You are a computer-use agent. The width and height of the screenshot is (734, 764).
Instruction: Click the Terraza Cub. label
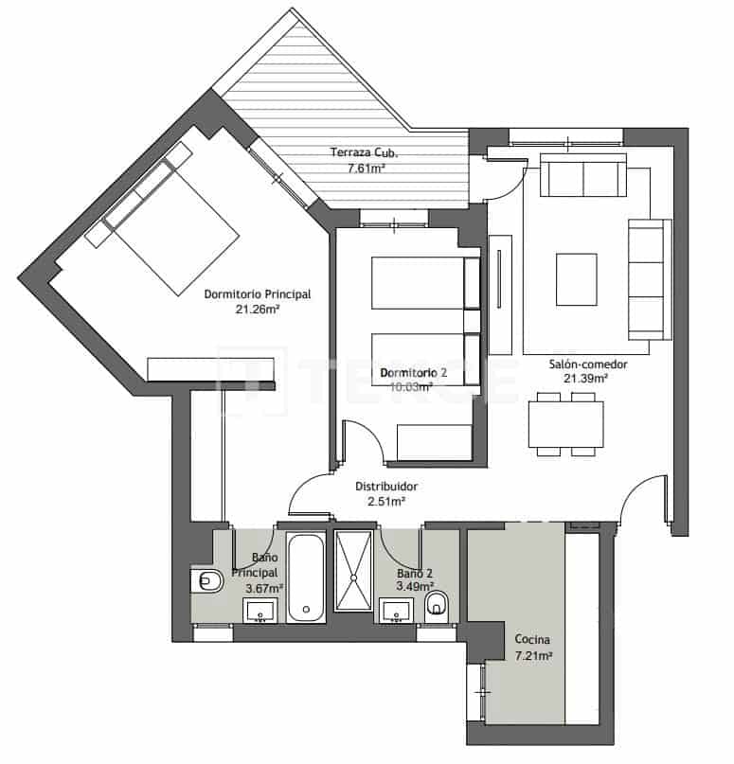pos(364,152)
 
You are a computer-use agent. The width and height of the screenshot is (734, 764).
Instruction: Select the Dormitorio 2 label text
pos(414,373)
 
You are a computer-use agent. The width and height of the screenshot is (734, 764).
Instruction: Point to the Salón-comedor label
pos(587,364)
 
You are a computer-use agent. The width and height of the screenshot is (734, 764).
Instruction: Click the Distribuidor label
pos(386,487)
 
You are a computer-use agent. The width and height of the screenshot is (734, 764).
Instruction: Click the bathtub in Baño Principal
pos(306,577)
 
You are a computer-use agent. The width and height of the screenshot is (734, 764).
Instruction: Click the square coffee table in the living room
pos(577,279)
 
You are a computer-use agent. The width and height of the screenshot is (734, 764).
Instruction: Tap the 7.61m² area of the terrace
pos(366,169)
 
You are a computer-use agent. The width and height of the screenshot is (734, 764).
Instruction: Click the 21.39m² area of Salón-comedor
pos(586,379)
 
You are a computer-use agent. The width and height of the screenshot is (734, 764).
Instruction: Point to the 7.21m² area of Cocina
pos(533,655)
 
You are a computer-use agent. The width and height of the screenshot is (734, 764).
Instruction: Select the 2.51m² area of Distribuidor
pos(386,502)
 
